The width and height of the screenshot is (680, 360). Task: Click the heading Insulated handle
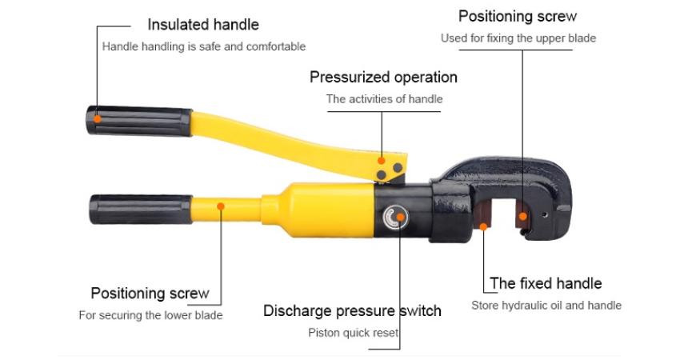click(203, 25)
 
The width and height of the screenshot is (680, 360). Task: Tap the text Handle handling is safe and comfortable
click(204, 46)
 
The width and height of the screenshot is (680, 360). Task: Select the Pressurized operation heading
click(383, 78)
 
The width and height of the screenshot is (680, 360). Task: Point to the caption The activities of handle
click(384, 99)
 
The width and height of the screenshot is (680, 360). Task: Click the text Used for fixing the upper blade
click(518, 38)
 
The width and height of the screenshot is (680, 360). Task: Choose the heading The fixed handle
click(546, 283)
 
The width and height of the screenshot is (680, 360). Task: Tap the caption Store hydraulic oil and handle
click(546, 306)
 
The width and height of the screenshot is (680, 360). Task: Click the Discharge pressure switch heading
click(352, 310)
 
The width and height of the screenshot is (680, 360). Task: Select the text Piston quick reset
click(354, 333)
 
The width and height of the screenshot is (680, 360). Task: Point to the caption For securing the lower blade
click(150, 315)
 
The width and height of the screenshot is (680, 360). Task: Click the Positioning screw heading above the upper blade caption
click(518, 17)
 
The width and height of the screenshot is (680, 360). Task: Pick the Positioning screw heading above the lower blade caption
click(150, 294)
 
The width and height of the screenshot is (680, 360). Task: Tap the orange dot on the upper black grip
click(98, 119)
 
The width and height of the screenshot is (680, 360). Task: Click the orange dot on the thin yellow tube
click(221, 206)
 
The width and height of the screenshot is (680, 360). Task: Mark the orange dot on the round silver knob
click(400, 217)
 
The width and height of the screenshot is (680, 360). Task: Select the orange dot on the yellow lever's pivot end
click(381, 161)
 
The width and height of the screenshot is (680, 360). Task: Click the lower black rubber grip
click(141, 210)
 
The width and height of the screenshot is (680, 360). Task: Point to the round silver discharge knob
click(395, 217)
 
